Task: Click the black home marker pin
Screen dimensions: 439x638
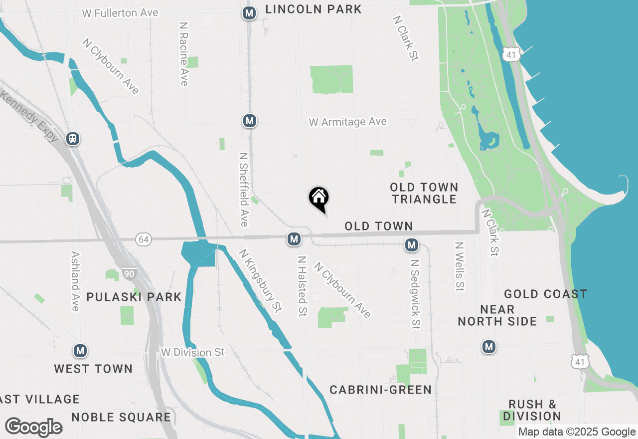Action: (319, 199)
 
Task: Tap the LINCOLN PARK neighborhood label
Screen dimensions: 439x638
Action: (314, 9)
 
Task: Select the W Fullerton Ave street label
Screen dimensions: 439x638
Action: (120, 13)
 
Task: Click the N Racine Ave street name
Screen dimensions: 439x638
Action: (183, 54)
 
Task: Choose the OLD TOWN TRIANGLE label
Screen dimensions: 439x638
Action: (424, 193)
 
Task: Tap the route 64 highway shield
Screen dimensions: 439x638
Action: (144, 240)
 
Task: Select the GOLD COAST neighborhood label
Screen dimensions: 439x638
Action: (545, 294)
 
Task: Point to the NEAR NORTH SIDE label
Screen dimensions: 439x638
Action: (497, 315)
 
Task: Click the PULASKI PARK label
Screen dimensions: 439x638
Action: (134, 297)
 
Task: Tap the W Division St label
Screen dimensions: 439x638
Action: (193, 352)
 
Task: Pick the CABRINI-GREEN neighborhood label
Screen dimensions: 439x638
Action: (380, 390)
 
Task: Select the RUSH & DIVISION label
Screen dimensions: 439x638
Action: (532, 410)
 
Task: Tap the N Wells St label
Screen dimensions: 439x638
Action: (459, 266)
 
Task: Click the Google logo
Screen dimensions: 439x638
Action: (33, 428)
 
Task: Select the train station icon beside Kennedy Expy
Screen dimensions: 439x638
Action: (73, 139)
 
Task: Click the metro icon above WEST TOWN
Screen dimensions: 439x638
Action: (80, 351)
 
